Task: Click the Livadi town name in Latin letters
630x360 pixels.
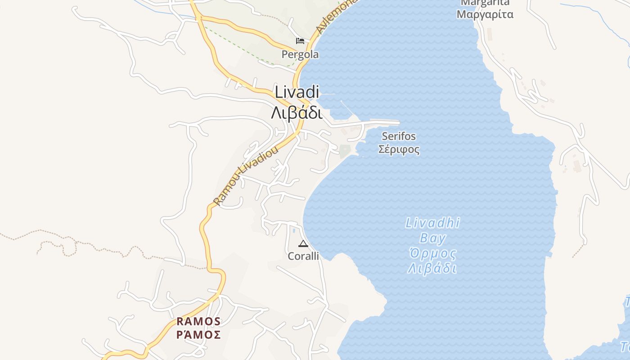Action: point(297,92)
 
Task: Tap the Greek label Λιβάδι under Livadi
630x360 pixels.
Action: point(297,112)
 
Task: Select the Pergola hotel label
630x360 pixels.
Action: point(300,54)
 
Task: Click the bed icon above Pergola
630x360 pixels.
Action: point(300,41)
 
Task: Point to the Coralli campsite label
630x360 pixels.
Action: point(303,256)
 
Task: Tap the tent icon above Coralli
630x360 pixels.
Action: point(303,244)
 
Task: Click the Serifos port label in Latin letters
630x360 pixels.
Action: point(399,136)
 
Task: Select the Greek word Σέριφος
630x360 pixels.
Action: point(399,149)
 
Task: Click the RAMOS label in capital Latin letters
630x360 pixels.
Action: point(198,321)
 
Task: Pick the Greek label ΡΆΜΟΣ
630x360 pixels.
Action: point(198,335)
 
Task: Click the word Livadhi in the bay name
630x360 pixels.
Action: point(432,223)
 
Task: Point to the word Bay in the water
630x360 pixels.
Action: point(432,238)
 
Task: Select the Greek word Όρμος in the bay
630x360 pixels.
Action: point(432,253)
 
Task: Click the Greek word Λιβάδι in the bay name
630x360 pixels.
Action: point(432,269)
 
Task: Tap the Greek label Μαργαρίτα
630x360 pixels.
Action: point(485,14)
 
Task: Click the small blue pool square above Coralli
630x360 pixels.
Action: point(294,230)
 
